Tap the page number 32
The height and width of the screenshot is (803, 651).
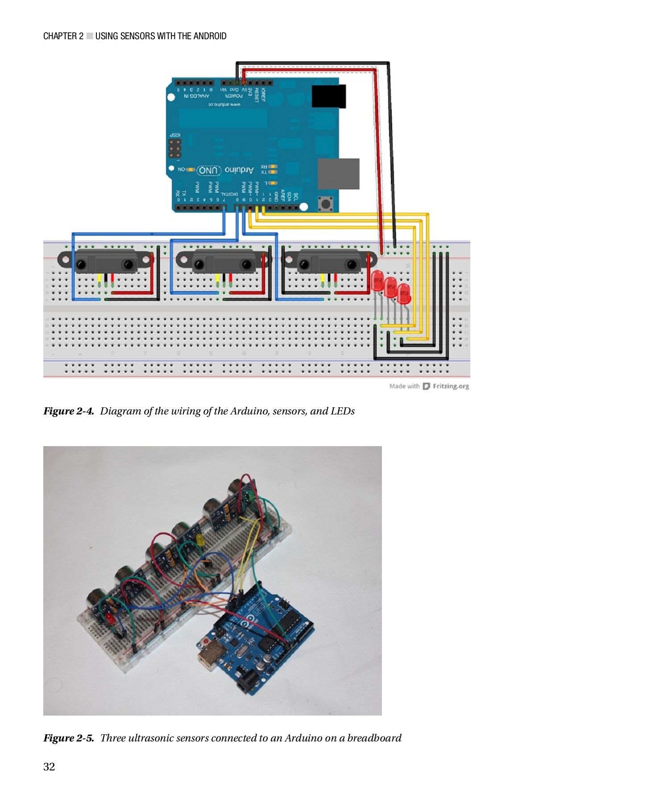(x=49, y=766)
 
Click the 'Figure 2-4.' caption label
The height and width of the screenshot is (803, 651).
(x=68, y=411)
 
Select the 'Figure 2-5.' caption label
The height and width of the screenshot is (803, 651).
(x=68, y=738)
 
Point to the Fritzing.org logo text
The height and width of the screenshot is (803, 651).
(x=450, y=386)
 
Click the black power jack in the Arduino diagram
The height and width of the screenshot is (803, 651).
(x=329, y=96)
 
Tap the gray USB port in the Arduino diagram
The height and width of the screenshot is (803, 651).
(x=338, y=174)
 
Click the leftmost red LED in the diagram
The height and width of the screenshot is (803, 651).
(x=377, y=281)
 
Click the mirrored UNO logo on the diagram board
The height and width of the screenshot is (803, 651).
(x=208, y=170)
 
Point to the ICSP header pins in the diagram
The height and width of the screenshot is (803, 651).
(x=175, y=148)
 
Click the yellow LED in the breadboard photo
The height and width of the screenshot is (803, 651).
(x=200, y=541)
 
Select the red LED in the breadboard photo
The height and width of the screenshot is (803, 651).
(x=110, y=618)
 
